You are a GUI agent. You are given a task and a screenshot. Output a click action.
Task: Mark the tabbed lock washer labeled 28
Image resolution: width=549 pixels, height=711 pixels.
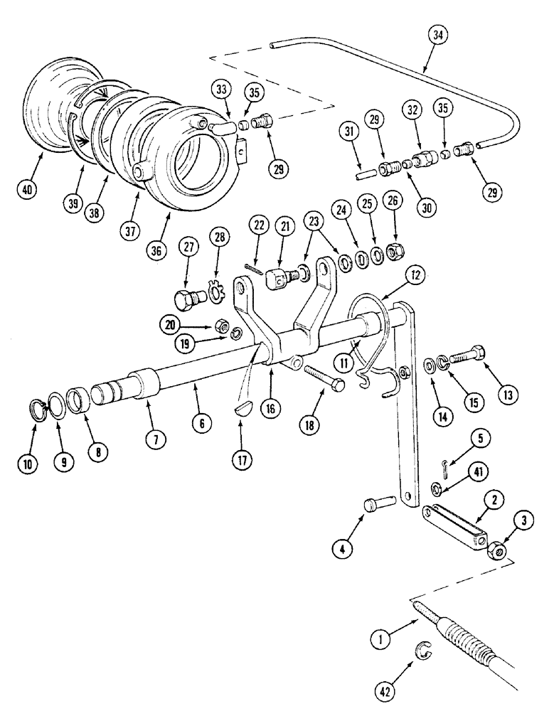coord(213,292)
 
